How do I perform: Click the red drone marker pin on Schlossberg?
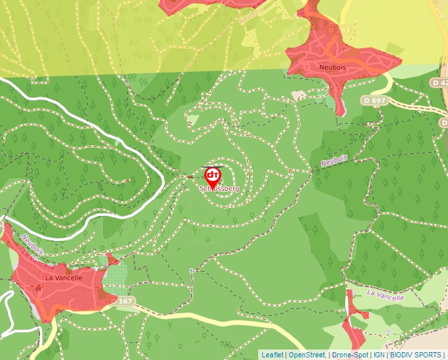(212, 176)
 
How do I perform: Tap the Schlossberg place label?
(219, 188)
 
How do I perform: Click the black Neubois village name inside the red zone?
(332, 67)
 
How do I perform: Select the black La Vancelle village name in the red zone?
(64, 278)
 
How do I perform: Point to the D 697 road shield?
(374, 100)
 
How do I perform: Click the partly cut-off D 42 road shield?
(439, 82)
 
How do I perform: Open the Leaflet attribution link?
(272, 355)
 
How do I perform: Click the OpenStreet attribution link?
(307, 355)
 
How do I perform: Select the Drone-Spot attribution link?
(349, 355)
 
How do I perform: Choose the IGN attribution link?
(379, 355)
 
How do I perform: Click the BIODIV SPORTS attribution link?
(415, 355)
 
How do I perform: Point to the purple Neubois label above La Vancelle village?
(32, 244)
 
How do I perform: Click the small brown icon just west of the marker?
(190, 177)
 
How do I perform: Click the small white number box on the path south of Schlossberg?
(191, 270)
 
